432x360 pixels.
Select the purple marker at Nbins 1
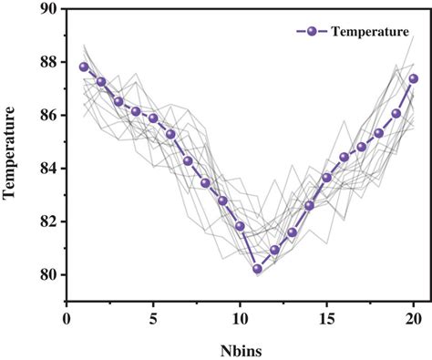[x=84, y=67]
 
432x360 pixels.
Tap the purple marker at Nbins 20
[x=414, y=78]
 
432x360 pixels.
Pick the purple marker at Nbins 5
[x=153, y=118]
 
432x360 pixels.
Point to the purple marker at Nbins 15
[x=327, y=178]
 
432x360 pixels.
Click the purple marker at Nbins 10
[x=240, y=226]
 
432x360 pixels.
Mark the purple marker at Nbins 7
[x=188, y=160]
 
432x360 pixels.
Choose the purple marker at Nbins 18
[x=379, y=133]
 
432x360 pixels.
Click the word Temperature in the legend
[x=369, y=32]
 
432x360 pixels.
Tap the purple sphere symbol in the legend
[x=313, y=32]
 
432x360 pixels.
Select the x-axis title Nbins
[x=241, y=348]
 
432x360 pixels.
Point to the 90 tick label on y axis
[x=46, y=9]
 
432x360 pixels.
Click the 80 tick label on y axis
[x=46, y=275]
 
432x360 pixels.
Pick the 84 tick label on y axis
[x=46, y=169]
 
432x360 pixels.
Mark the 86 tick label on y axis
[x=46, y=116]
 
